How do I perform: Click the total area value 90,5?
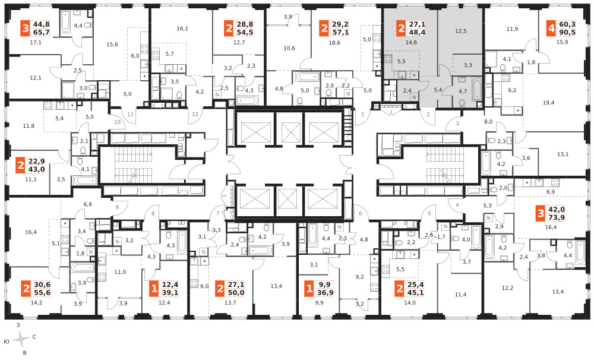[x=567, y=32]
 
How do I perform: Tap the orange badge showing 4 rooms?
[x=551, y=29]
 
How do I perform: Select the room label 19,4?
[x=548, y=103]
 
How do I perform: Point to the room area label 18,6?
[x=334, y=43]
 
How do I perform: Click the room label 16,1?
[x=182, y=29]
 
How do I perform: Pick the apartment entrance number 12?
[x=195, y=114]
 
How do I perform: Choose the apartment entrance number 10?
[x=118, y=122]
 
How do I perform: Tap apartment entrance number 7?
[x=218, y=213]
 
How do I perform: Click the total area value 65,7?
[x=42, y=32]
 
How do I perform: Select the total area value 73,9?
[x=557, y=217]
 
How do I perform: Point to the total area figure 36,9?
[x=326, y=292]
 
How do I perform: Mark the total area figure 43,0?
[x=36, y=169]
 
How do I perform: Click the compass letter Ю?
[x=7, y=342]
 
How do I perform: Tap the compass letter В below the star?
[x=24, y=353]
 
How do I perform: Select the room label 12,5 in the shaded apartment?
[x=461, y=31]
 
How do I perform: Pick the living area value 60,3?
[x=567, y=24]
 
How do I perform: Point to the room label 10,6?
[x=289, y=48]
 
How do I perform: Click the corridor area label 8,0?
[x=488, y=122]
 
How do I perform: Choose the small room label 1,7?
[x=441, y=237]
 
